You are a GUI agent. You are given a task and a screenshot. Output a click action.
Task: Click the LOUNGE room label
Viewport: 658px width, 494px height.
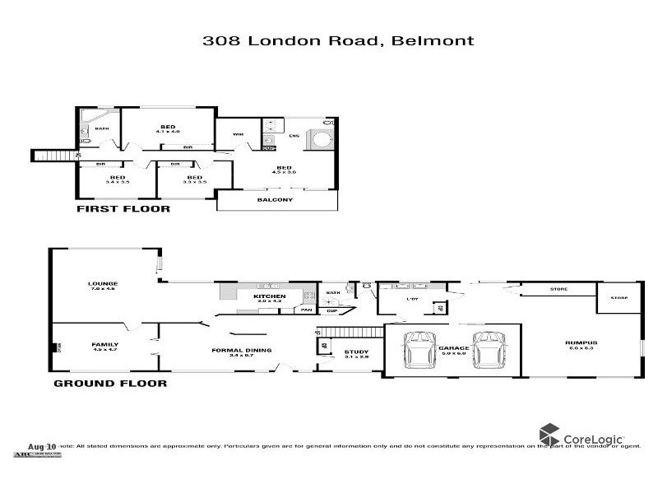coord(104,283)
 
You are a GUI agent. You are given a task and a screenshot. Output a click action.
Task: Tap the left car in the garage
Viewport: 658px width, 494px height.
coord(422,350)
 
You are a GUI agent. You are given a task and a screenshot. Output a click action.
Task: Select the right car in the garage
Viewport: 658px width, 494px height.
coord(488,350)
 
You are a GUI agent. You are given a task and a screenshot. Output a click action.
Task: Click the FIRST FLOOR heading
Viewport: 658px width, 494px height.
coord(123,209)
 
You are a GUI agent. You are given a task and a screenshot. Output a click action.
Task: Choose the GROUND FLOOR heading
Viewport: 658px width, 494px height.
coord(110,383)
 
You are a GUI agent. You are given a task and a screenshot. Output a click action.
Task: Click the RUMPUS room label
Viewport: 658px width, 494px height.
coord(581,343)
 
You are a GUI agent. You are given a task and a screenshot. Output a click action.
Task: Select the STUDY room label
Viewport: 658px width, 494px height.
coord(356,352)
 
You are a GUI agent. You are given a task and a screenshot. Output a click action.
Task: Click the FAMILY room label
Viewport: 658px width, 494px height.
coord(104,344)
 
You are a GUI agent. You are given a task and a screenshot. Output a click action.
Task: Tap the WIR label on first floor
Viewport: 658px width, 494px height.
coord(239,133)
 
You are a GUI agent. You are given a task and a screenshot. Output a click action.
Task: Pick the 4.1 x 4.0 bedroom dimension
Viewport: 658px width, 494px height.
coord(168,132)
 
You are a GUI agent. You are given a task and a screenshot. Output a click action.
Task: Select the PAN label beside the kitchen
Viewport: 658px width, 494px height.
coord(306,310)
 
